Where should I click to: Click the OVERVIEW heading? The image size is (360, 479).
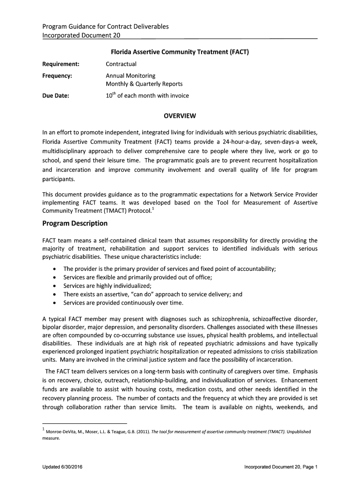pos(180,116)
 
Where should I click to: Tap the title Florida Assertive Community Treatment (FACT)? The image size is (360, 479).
pos(180,52)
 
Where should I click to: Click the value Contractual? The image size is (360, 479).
pos(121,64)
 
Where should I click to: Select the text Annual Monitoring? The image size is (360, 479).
pos(130,75)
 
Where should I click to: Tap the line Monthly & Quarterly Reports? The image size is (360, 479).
pos(144,84)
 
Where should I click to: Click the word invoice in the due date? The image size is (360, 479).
pos(180,96)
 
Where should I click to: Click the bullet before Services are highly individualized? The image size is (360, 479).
pos(55,286)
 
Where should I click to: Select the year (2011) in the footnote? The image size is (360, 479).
pos(142,432)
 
